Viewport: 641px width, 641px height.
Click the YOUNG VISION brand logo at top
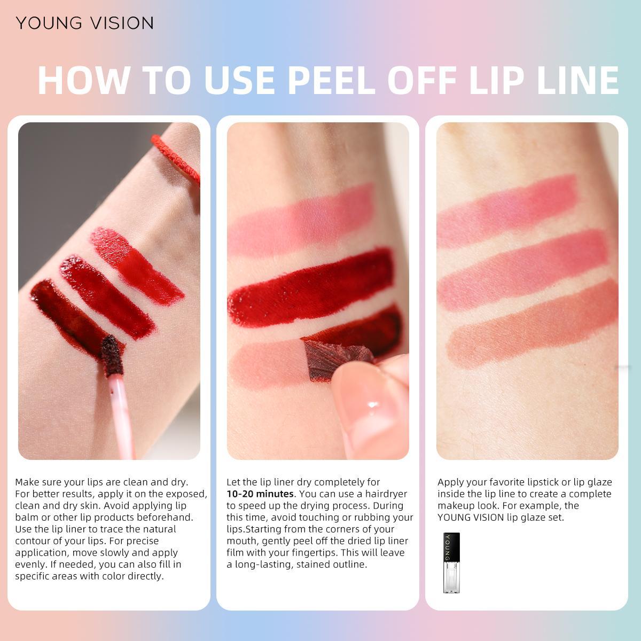(x=84, y=23)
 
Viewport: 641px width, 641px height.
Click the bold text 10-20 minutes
(x=260, y=494)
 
